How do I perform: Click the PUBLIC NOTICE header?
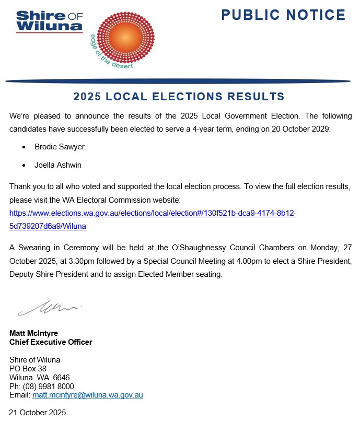(283, 15)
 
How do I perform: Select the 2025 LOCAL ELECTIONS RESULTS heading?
(179, 97)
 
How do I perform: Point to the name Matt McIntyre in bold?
(34, 333)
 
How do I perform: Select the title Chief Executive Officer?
(51, 342)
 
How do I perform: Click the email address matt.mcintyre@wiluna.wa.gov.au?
(87, 395)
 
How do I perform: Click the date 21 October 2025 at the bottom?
(38, 413)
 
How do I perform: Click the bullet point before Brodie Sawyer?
(24, 147)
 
